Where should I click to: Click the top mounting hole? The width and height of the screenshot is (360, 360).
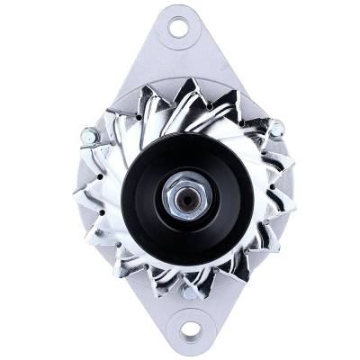177,26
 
